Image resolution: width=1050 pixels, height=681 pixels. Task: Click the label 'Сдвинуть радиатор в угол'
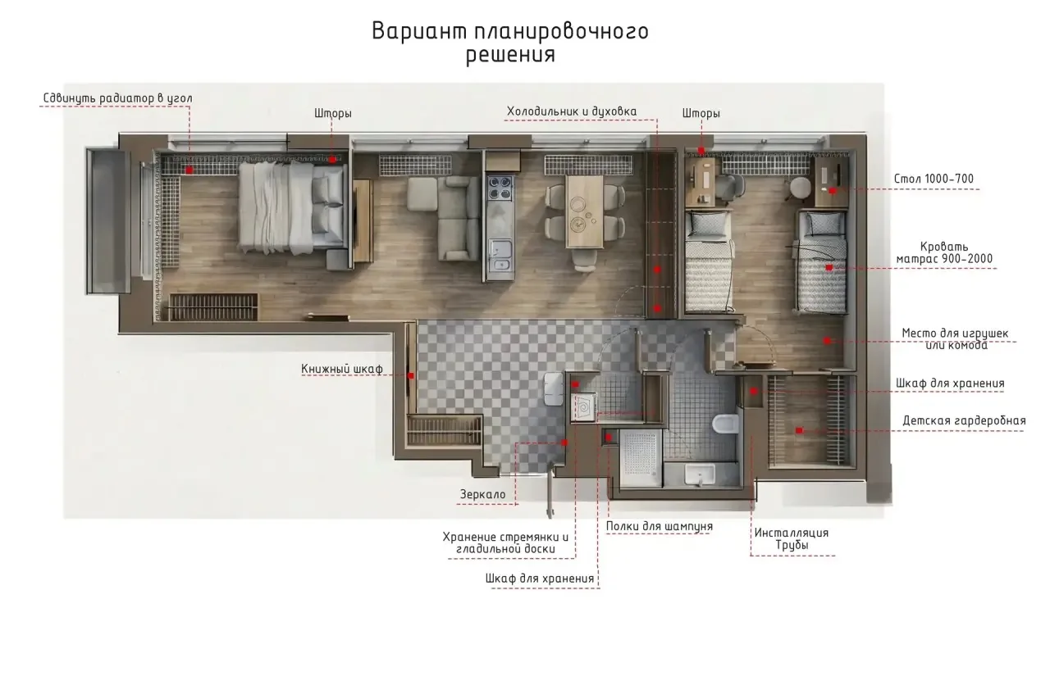[117, 98]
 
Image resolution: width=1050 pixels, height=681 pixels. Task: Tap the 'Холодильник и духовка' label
[572, 111]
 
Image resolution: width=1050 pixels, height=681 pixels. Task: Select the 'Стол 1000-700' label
[934, 179]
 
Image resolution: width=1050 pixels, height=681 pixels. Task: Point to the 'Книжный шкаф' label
[342, 369]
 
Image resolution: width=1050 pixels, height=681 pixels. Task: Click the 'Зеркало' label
[482, 495]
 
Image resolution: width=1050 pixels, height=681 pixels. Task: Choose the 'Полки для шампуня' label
[659, 526]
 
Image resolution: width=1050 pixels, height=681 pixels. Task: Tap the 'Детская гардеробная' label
[964, 420]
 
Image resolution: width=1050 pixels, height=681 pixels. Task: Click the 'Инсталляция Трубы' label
[792, 538]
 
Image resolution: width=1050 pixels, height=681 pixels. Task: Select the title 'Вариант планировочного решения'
[510, 42]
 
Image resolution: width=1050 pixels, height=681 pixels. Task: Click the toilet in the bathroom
[726, 424]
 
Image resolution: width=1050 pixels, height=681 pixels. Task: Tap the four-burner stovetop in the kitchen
[500, 188]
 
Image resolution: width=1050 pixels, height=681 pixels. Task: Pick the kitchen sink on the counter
[500, 255]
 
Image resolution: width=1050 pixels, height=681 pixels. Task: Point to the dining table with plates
[584, 211]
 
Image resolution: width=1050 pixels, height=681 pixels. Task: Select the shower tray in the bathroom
[641, 458]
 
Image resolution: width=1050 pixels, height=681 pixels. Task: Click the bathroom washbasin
[700, 474]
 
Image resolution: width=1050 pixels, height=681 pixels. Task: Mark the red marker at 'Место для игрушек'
[827, 341]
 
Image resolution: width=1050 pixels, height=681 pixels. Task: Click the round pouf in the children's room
[800, 188]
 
